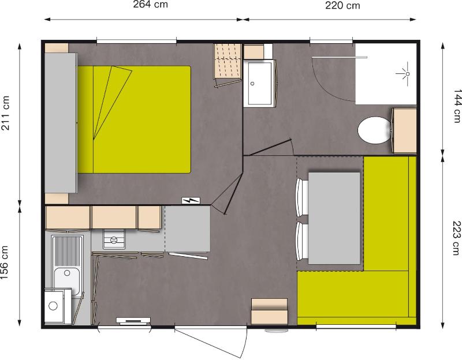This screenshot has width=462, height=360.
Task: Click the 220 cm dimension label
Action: pyautogui.click(x=342, y=6)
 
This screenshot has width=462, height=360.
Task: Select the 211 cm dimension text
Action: pyautogui.click(x=6, y=113)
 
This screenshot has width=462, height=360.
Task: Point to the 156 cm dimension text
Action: pyautogui.click(x=6, y=262)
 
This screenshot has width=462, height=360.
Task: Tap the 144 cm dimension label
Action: pyautogui.click(x=457, y=104)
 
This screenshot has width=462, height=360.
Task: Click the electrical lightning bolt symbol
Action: pyautogui.click(x=191, y=200)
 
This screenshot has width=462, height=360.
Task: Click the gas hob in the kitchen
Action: pyautogui.click(x=114, y=239)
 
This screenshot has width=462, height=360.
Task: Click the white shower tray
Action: pyautogui.click(x=386, y=73)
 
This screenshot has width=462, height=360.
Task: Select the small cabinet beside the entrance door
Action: pyautogui.click(x=269, y=312)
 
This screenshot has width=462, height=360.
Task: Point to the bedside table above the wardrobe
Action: pyautogui.click(x=57, y=47)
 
